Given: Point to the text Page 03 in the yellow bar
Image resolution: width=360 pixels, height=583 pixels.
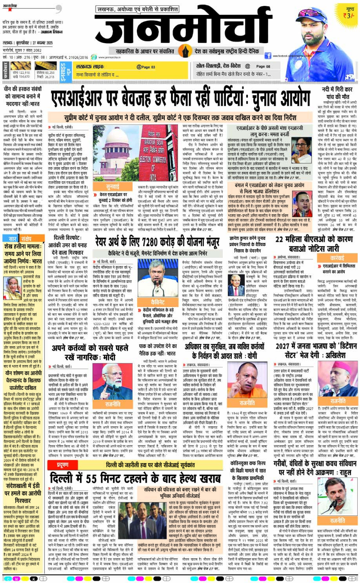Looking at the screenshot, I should tap(145, 67).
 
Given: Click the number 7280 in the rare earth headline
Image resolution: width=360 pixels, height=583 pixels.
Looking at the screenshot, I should tap(151, 256).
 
